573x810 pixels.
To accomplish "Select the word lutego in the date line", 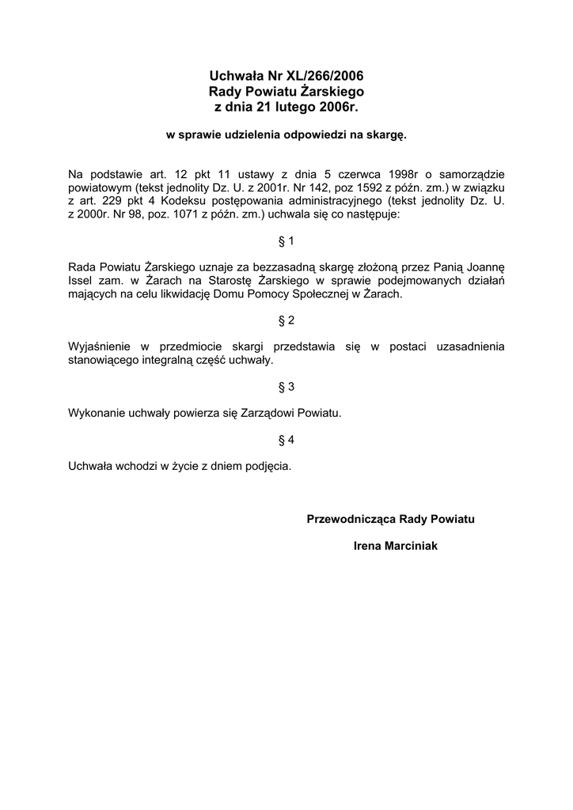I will click(287, 106).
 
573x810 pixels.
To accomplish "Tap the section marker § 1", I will click(286, 240).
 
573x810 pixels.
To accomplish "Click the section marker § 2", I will click(286, 320).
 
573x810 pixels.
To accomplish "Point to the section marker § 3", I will click(286, 387).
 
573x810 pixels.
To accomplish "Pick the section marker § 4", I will click(286, 440).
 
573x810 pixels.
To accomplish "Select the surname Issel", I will click(81, 281).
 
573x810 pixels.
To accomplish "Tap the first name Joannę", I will click(483, 267).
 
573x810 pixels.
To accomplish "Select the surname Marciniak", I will click(412, 546).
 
